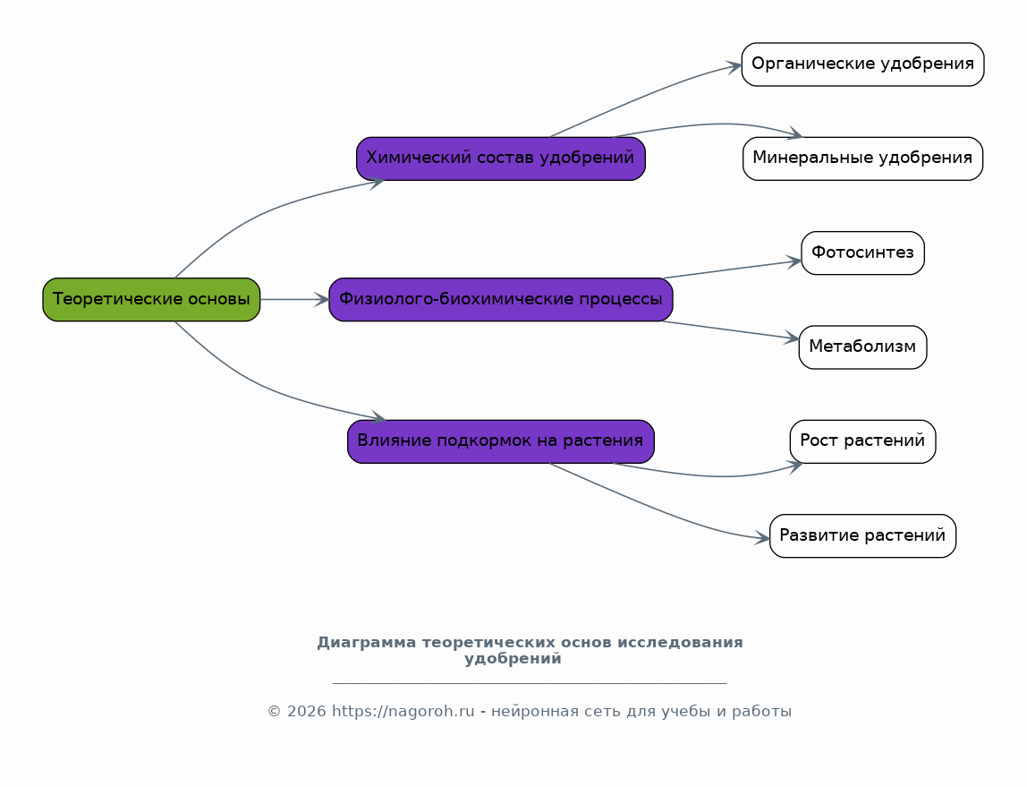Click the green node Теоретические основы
[x=151, y=299]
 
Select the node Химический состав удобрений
[x=501, y=158]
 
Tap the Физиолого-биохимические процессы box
[x=501, y=299]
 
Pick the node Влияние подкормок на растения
[x=501, y=441]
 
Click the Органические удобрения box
[x=862, y=64]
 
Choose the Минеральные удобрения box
[x=862, y=158]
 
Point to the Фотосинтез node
[x=862, y=253]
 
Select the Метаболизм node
[x=862, y=347]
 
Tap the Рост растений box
[x=862, y=441]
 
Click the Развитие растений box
[x=862, y=536]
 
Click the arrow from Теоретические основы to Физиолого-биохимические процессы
[x=294, y=299]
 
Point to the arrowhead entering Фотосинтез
[x=794, y=262]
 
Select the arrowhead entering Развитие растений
[x=762, y=538]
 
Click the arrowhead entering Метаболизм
[x=791, y=338]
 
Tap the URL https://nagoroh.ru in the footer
[x=403, y=712]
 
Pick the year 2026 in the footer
[x=306, y=712]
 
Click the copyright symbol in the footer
[x=274, y=712]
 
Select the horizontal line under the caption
[x=530, y=683]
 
